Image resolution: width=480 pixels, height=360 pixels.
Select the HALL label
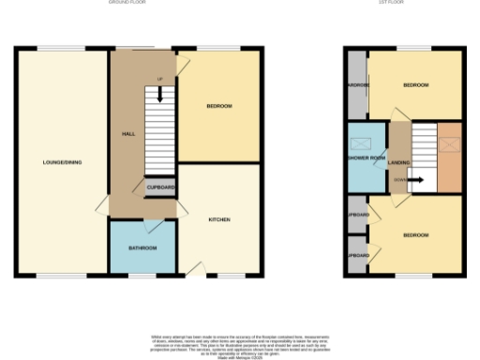[x=128, y=134]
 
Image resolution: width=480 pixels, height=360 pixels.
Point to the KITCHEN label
[x=219, y=219]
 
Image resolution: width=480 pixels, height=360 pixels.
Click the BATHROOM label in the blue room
[x=142, y=247]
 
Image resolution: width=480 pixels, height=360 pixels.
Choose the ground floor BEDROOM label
[x=219, y=106]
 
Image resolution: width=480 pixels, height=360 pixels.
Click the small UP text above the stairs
[x=159, y=78]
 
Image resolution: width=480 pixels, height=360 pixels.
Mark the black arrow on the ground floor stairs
[x=159, y=93]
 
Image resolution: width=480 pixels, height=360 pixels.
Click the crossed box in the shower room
[x=360, y=143]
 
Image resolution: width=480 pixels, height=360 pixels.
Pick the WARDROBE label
[x=356, y=85]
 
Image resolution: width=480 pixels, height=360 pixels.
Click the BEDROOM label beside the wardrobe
[x=415, y=85]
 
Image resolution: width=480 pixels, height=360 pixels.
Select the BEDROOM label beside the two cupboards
[x=415, y=234]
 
